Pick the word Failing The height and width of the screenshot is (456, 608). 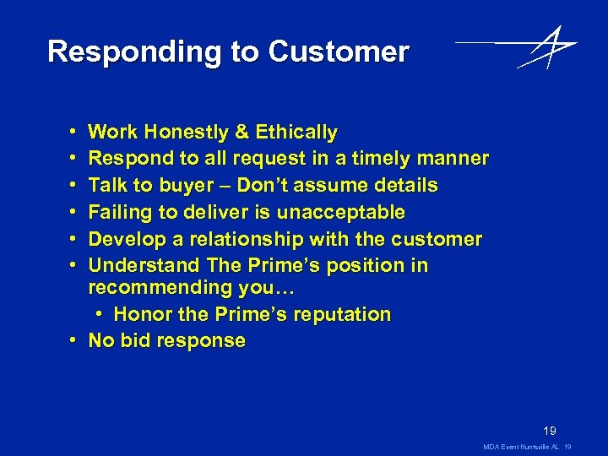pyautogui.click(x=120, y=212)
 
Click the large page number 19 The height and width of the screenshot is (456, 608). pyautogui.click(x=550, y=430)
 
